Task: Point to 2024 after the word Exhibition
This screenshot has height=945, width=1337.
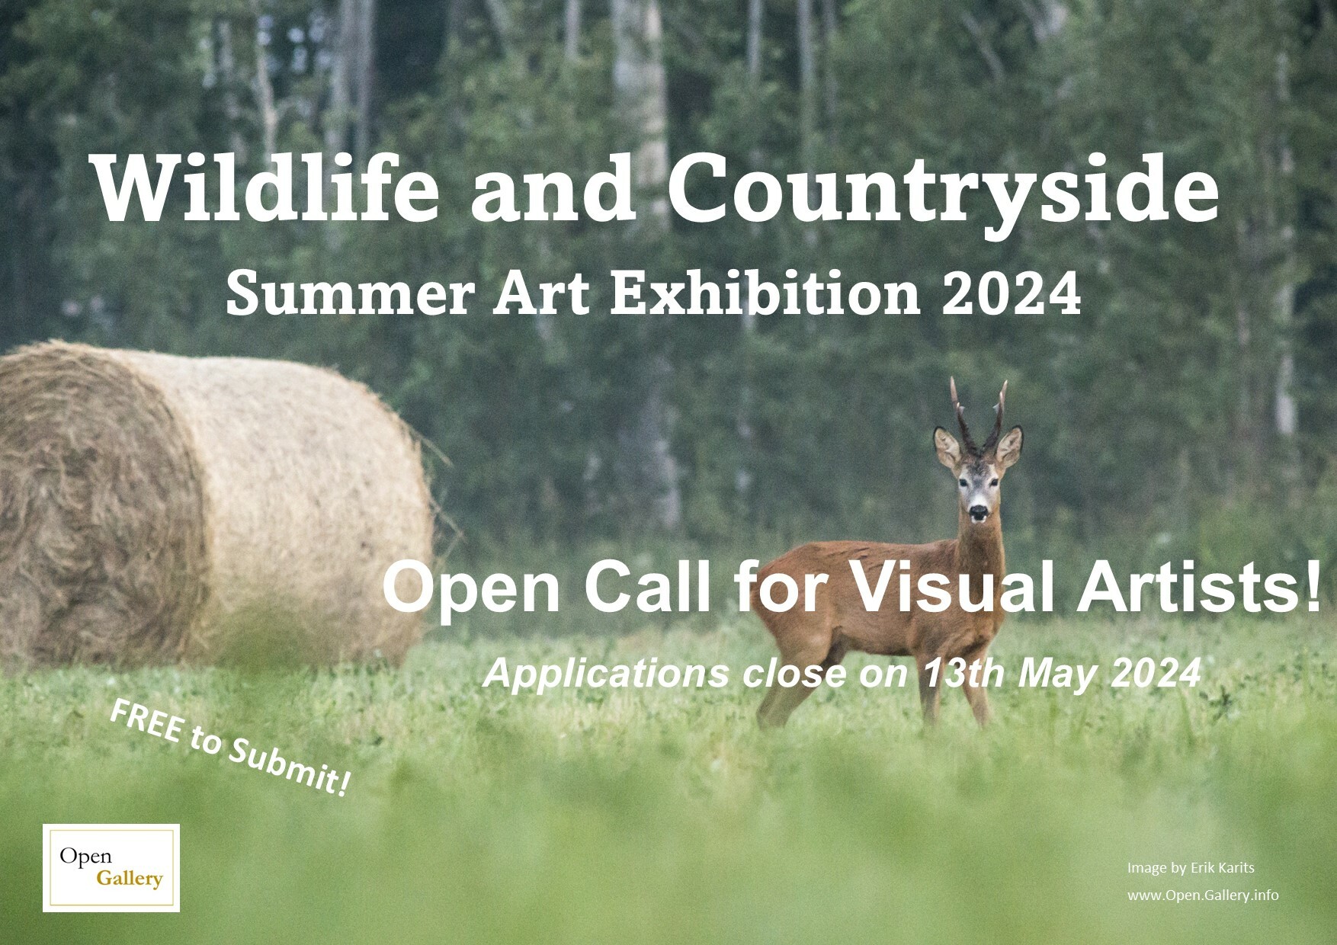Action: click(1012, 294)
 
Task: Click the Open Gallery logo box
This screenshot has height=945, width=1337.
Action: click(111, 868)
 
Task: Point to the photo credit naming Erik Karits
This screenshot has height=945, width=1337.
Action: click(1190, 867)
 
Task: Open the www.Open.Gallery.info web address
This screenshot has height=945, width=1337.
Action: click(1203, 895)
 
